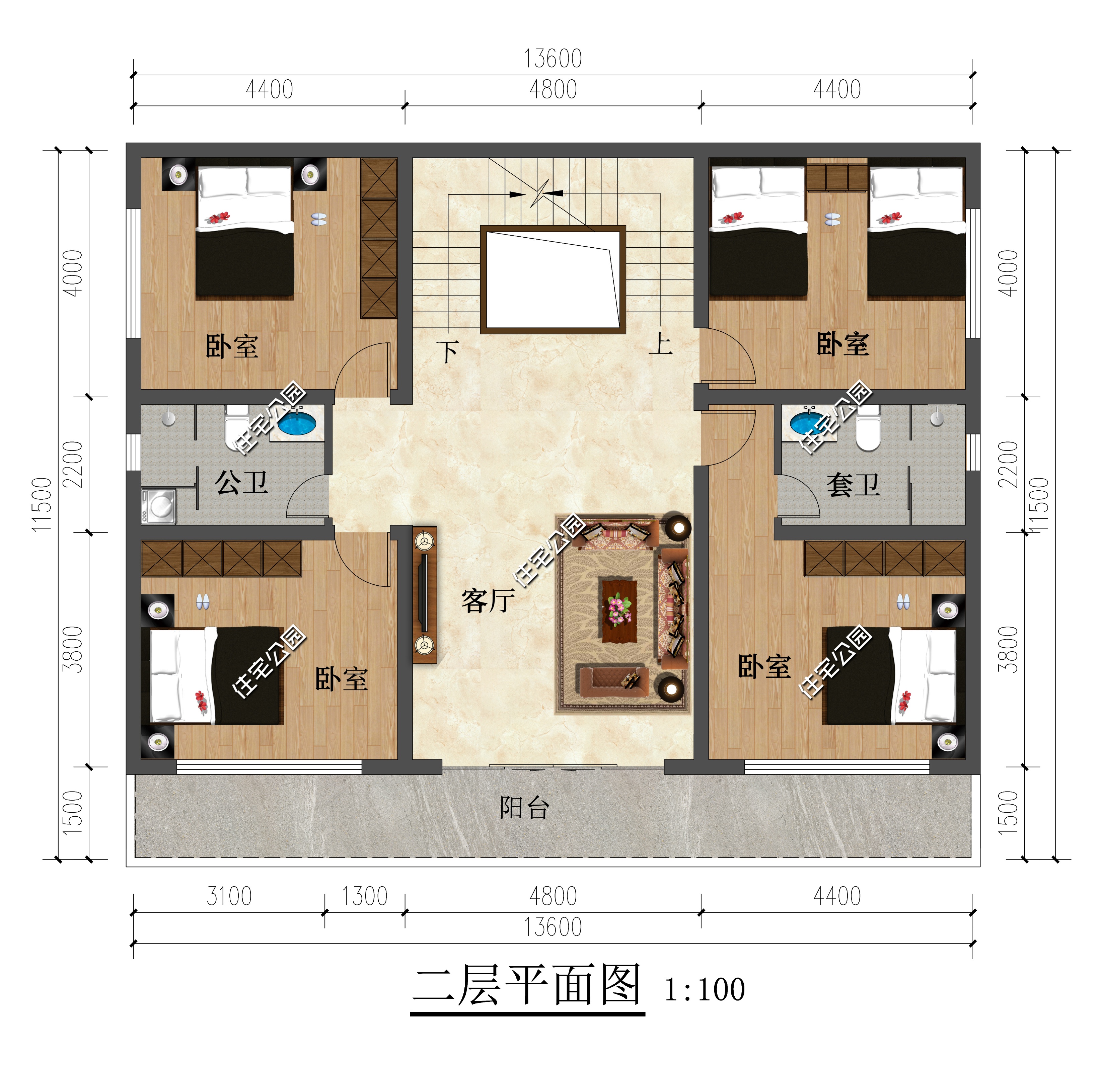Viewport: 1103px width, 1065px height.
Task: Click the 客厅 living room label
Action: click(x=488, y=601)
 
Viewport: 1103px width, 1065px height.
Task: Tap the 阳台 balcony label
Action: click(x=524, y=808)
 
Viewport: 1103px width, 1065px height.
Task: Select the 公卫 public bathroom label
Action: click(x=241, y=483)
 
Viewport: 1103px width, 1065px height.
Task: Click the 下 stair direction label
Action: click(x=448, y=352)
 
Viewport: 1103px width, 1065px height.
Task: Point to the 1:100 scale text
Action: click(x=705, y=990)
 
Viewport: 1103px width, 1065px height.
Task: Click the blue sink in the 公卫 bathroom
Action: click(x=297, y=423)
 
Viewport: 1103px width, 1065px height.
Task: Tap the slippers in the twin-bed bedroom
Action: click(x=832, y=219)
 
